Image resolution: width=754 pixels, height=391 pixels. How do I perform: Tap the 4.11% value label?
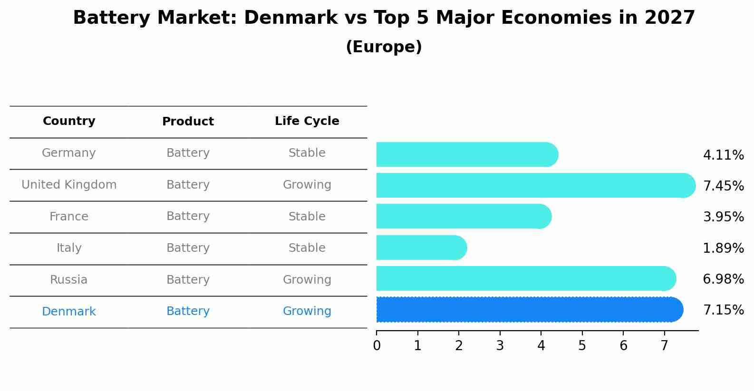click(723, 155)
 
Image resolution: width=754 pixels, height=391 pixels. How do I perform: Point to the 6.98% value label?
click(723, 279)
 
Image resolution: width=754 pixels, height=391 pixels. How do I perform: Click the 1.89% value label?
click(723, 248)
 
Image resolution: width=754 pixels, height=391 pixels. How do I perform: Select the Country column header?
click(69, 121)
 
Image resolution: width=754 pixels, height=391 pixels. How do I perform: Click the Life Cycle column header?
click(307, 121)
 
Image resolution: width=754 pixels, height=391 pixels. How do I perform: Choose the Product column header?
click(188, 122)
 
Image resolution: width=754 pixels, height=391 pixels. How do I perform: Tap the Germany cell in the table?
click(69, 153)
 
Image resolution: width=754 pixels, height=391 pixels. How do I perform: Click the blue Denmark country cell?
click(69, 312)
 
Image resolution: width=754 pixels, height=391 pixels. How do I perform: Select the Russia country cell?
click(69, 280)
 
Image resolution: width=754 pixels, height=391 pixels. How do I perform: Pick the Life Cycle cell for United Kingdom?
click(307, 185)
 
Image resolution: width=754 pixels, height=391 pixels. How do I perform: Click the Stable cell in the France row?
click(307, 217)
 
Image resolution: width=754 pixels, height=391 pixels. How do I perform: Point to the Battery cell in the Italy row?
click(188, 248)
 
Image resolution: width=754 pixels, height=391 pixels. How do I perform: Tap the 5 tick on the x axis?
click(582, 346)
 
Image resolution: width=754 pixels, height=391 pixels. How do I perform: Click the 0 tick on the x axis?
click(377, 346)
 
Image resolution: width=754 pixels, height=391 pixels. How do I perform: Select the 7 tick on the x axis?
click(664, 346)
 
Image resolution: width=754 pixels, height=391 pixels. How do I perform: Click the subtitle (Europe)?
click(384, 47)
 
